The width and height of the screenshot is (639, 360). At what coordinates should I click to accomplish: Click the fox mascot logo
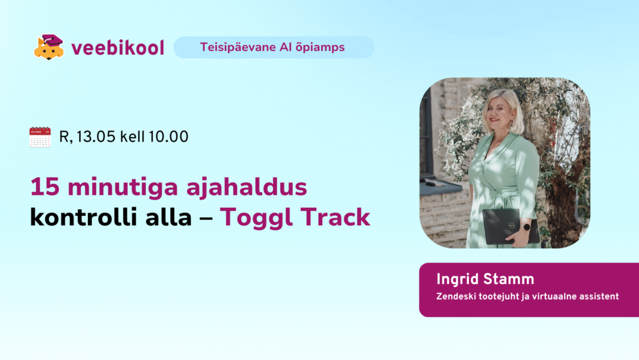(49, 47)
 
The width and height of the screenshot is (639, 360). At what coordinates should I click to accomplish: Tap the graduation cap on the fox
(52, 41)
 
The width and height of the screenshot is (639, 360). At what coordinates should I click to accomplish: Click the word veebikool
(118, 48)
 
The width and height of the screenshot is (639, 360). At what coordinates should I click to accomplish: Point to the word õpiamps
(320, 47)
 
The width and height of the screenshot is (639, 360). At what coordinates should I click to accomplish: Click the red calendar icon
(40, 137)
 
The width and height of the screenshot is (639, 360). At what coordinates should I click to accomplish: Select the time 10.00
(168, 137)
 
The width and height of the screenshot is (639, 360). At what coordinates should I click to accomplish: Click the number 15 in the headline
(45, 187)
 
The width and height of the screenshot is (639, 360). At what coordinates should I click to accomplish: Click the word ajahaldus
(246, 188)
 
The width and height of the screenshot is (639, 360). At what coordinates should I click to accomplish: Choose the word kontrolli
(83, 217)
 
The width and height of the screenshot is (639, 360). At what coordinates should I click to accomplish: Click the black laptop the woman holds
(509, 226)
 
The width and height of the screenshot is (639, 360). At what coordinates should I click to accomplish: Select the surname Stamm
(508, 280)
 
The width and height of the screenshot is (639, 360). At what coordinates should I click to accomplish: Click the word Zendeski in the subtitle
(456, 296)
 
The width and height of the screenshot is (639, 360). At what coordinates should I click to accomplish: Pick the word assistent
(599, 296)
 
